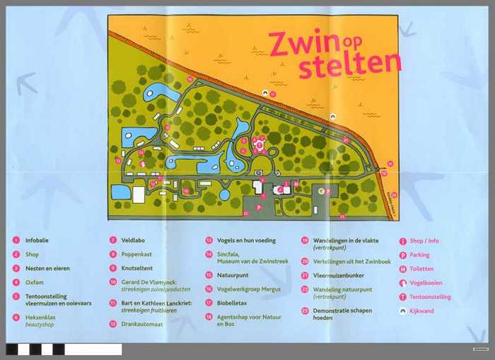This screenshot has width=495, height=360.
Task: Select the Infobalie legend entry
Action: coord(37,240)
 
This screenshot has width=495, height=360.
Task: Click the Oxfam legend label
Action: coord(33,282)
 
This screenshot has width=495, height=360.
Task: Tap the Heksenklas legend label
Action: coord(41,318)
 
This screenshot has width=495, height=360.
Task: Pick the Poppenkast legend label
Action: coord(137,255)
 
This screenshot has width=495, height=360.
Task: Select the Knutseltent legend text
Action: coord(137,269)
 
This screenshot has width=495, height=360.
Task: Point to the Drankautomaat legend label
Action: coord(141,324)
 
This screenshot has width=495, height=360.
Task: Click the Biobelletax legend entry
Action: coord(233,303)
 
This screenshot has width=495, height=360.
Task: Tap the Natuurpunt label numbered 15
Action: coord(233,275)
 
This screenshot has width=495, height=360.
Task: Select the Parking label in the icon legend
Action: coord(419,255)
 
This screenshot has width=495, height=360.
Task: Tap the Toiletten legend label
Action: coord(421,269)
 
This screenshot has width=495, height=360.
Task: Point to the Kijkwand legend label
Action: coord(421,310)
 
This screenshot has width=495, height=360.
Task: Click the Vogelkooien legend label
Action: coord(425,283)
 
